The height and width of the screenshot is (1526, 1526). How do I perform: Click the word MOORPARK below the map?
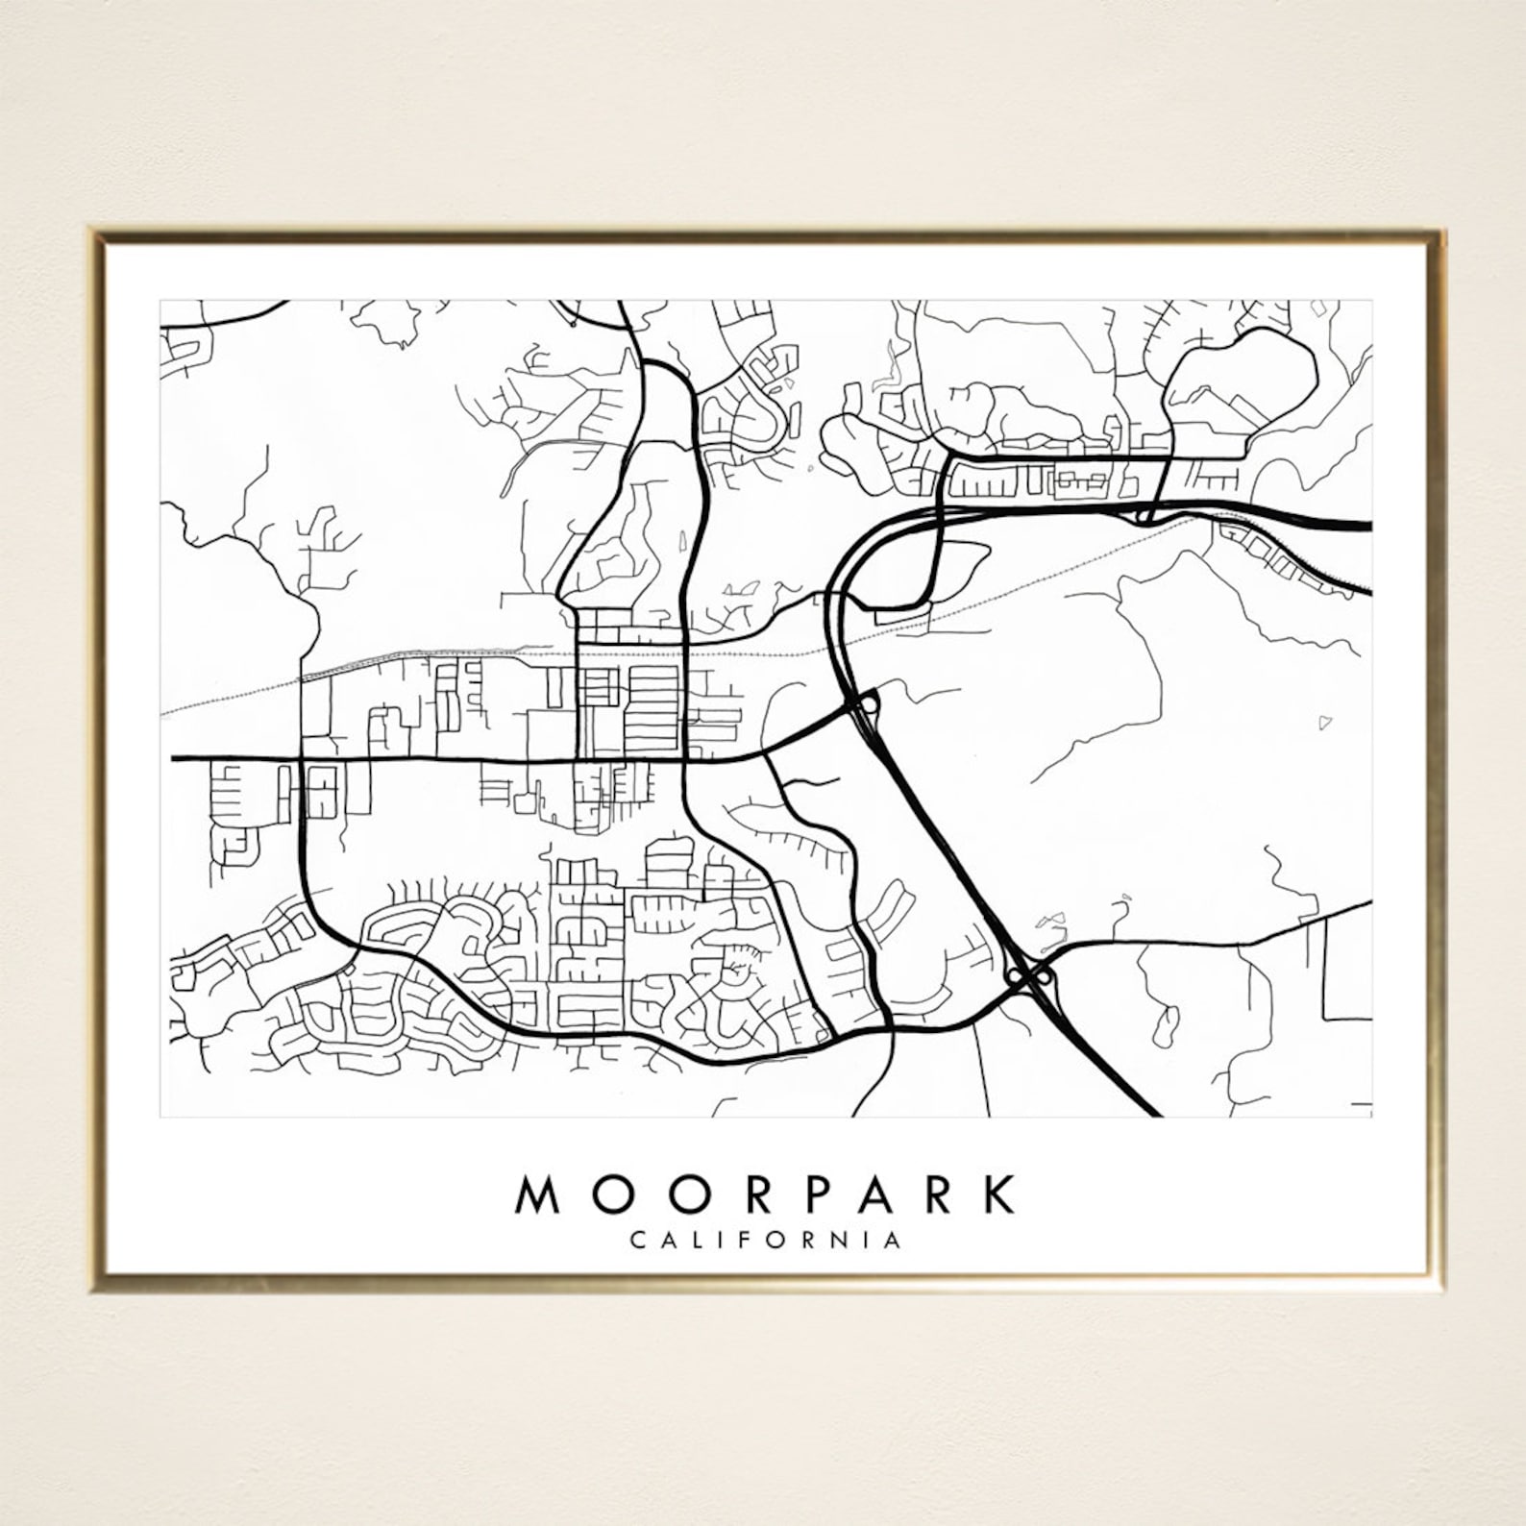(x=766, y=1194)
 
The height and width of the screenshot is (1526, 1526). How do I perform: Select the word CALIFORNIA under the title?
(x=766, y=1240)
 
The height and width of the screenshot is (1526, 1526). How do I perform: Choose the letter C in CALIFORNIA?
(x=637, y=1240)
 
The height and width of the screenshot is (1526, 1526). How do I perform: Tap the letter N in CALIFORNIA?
(x=835, y=1240)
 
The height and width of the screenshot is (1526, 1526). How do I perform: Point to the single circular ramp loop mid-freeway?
(x=869, y=703)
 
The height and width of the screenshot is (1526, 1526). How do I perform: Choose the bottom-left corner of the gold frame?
(x=92, y=1290)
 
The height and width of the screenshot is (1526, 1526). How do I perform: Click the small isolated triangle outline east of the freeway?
(x=1326, y=720)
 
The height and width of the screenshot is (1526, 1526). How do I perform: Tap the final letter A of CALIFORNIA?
(x=894, y=1240)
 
